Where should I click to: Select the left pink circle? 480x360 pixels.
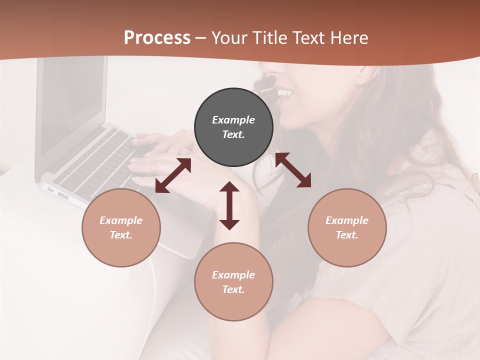121,227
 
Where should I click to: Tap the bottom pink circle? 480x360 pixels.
233,281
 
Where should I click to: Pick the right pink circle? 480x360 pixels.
347,227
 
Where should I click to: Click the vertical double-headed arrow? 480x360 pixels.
229,205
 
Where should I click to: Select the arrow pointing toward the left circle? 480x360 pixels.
173,175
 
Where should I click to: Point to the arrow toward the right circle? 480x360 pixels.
293,170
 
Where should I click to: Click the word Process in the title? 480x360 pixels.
157,38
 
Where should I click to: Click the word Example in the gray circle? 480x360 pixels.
233,120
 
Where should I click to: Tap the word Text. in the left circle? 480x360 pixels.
121,235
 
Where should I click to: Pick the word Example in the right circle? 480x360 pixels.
347,220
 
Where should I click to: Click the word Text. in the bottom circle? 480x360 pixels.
233,289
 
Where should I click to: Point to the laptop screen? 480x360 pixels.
73,105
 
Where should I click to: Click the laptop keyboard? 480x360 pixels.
95,160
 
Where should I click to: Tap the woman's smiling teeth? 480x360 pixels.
285,93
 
